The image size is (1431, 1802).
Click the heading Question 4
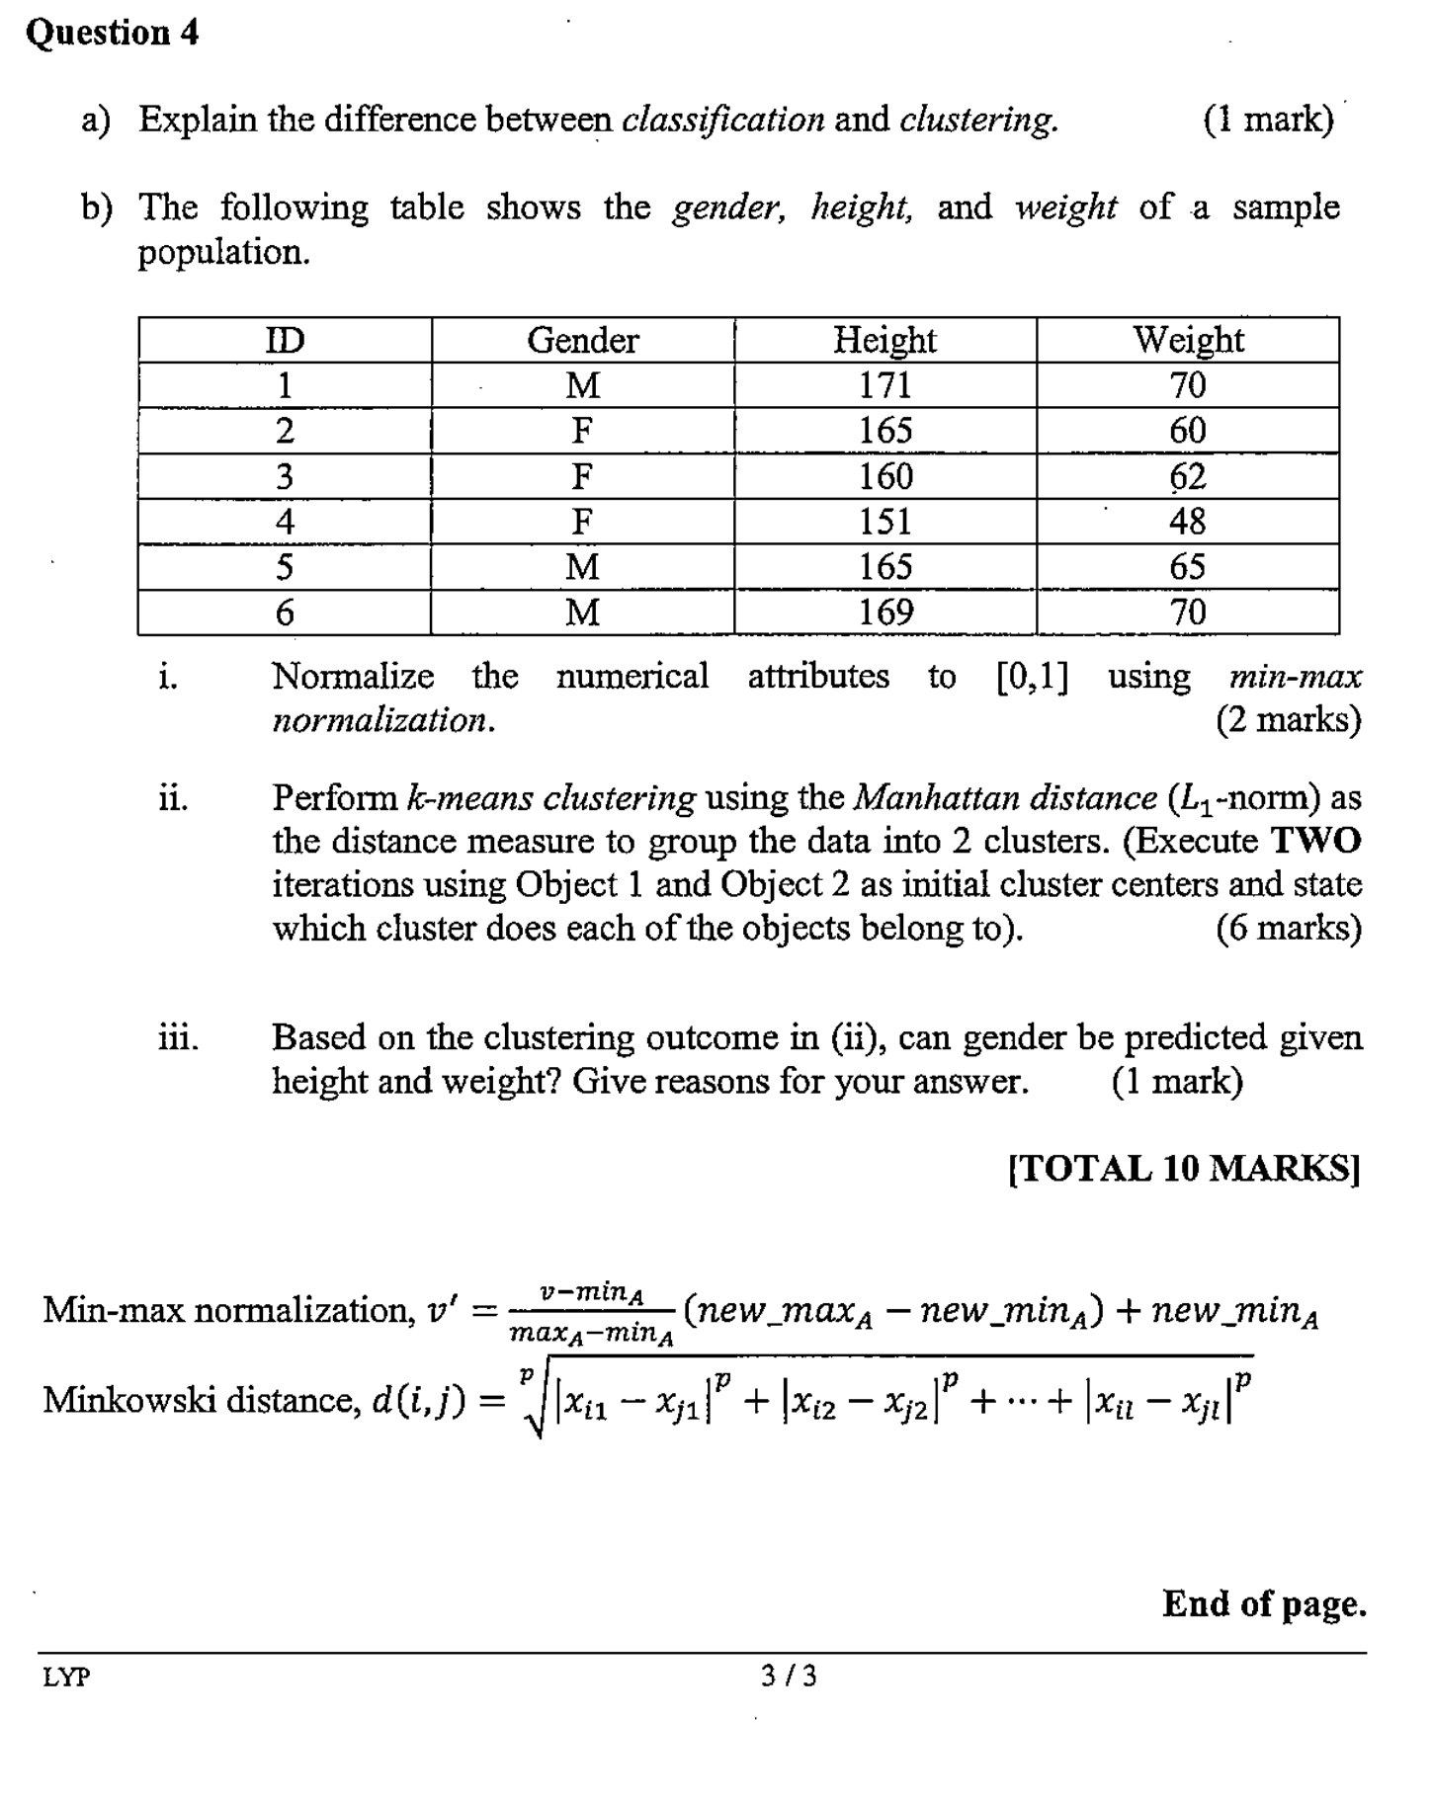pyautogui.click(x=112, y=33)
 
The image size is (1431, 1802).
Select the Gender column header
pyautogui.click(x=582, y=340)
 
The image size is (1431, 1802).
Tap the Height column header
pyautogui.click(x=884, y=340)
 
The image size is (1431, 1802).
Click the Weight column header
pyautogui.click(x=1188, y=340)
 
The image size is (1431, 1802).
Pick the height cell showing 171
pyautogui.click(x=884, y=384)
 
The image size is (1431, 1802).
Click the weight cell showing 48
pyautogui.click(x=1187, y=521)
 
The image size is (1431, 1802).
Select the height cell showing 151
pyautogui.click(x=884, y=521)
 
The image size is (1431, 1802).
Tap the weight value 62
pyautogui.click(x=1187, y=476)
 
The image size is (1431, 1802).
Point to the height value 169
pyautogui.click(x=884, y=613)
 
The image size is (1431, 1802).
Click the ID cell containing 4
pyautogui.click(x=285, y=521)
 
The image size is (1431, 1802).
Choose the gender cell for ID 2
pyautogui.click(x=582, y=431)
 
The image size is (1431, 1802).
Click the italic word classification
pyautogui.click(x=722, y=120)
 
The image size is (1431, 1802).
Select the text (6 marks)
pyautogui.click(x=1289, y=928)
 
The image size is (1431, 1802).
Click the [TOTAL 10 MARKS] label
pyautogui.click(x=1184, y=1168)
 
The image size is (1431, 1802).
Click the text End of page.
pyautogui.click(x=1264, y=1603)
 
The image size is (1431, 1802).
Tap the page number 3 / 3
pyautogui.click(x=789, y=1676)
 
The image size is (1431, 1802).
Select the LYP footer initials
pyautogui.click(x=66, y=1677)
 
